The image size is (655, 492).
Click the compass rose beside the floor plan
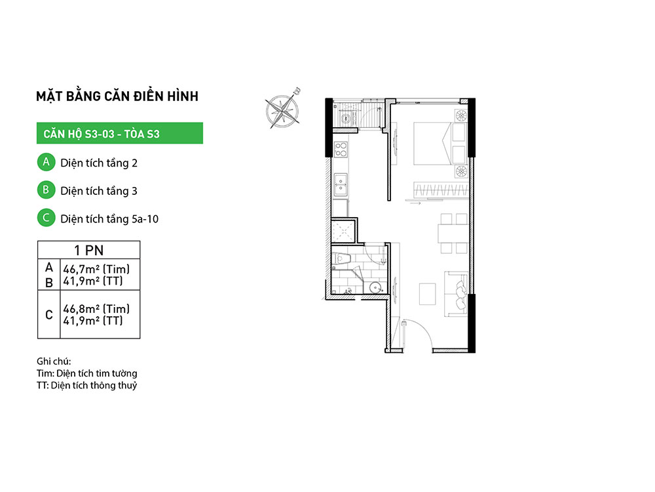pos(283,110)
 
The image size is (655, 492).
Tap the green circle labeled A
pos(46,162)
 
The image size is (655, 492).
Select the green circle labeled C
pos(46,218)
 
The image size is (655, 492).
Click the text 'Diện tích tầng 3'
pos(99,191)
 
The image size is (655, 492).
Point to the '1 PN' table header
pos(88,250)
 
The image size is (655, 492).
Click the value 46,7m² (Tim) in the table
pos(96,269)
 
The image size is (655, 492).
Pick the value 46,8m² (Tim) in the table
pos(96,309)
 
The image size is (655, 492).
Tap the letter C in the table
pos(49,315)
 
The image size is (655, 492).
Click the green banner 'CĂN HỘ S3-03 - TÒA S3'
pos(119,133)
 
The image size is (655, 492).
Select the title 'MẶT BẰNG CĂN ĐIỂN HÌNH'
pos(117,96)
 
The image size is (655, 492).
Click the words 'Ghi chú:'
pos(54,361)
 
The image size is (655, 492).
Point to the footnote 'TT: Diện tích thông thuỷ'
pos(87,385)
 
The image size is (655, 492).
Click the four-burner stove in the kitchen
pos(341,150)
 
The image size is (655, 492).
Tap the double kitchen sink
pos(341,184)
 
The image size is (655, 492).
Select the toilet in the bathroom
pos(341,259)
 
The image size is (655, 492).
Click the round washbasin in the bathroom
pos(376,288)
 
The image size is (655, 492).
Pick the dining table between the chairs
pos(453,234)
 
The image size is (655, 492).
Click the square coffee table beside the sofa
pos(427,294)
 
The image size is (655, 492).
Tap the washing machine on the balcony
pos(345,118)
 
